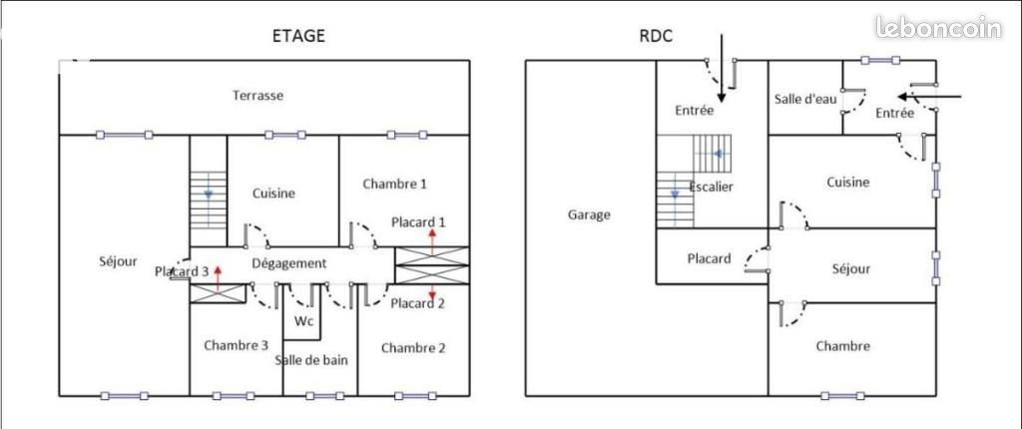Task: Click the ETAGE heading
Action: (x=297, y=36)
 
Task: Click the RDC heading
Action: (x=656, y=36)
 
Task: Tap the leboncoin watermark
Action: (x=938, y=27)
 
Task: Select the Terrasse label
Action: (x=258, y=95)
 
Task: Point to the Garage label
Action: (x=589, y=214)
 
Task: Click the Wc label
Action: (x=304, y=321)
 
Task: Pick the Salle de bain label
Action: (x=311, y=360)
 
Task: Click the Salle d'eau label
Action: (x=805, y=99)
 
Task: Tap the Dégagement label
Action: (x=288, y=263)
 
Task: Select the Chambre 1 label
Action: (x=395, y=184)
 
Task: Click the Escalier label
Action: (x=711, y=187)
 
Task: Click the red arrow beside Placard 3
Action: (x=218, y=276)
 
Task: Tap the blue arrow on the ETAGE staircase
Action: (x=208, y=195)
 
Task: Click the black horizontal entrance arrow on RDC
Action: (x=929, y=97)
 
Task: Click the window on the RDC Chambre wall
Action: (x=842, y=396)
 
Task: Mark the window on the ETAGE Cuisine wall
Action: (x=285, y=135)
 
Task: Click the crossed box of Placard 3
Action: (x=216, y=293)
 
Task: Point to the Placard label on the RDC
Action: (x=710, y=258)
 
